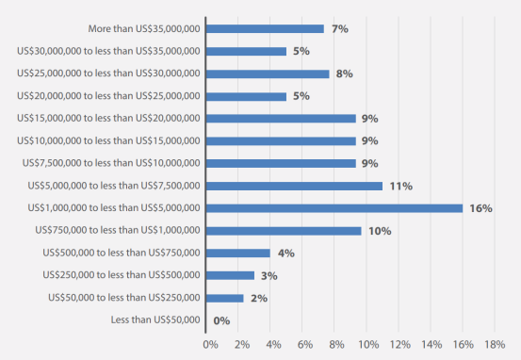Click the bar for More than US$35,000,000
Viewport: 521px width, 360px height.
click(265, 29)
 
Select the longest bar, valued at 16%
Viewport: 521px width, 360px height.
click(334, 208)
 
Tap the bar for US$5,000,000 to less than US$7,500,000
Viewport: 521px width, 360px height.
click(294, 187)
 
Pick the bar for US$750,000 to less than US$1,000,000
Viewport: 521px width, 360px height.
click(284, 231)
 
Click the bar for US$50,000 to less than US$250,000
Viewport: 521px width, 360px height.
click(224, 298)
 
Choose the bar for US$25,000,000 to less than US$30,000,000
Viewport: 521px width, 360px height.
click(268, 74)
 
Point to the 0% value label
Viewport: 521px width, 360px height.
click(221, 320)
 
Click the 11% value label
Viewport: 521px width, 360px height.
click(401, 187)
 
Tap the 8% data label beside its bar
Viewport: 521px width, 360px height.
click(344, 74)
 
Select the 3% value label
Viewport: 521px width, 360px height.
click(269, 276)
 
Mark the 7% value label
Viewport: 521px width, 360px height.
click(340, 29)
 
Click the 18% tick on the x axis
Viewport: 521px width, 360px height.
click(495, 345)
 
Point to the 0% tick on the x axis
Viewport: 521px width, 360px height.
click(211, 345)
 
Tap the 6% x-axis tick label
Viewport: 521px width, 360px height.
click(305, 345)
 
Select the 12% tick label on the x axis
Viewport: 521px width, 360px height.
click(400, 345)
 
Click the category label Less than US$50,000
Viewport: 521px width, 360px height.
click(155, 319)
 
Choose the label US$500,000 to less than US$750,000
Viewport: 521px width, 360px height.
click(122, 253)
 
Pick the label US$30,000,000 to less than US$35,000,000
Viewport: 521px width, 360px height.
click(108, 51)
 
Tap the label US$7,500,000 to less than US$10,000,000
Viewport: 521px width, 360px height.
click(111, 163)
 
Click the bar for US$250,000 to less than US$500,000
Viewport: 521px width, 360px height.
click(230, 275)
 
